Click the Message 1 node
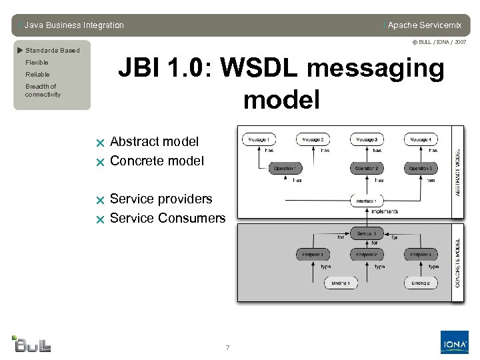coord(259,139)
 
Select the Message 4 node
coord(421,139)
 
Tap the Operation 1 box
coord(285,169)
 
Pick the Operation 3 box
coord(421,169)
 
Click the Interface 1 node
coord(367,200)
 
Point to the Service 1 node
coord(367,234)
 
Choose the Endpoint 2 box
coord(367,254)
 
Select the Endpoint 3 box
coord(421,254)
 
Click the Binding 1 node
coord(339,283)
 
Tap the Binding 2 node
coord(421,283)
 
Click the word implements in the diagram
coord(385,211)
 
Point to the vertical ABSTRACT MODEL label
coord(457,171)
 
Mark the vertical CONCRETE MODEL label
coord(457,263)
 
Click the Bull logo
coord(32,343)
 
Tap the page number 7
coord(227,347)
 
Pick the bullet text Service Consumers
coord(167,218)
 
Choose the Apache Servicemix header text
coord(425,25)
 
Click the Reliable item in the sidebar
coord(37,75)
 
